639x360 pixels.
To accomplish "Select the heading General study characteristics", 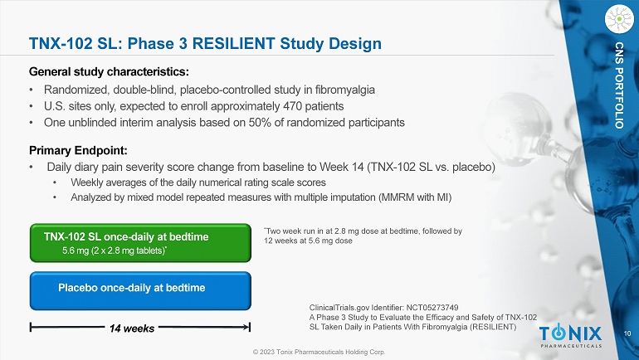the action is (x=109, y=71).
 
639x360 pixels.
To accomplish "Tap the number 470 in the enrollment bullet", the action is (x=293, y=106).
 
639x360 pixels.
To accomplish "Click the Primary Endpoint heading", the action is (x=78, y=150).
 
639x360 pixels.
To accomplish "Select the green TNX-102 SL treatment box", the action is (x=140, y=243).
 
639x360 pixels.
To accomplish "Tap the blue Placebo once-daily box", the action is (x=140, y=291).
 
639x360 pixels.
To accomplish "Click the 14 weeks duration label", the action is (x=132, y=328).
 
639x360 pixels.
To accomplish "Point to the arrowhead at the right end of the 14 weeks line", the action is (x=248, y=327).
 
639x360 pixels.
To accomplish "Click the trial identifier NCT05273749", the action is (x=432, y=308).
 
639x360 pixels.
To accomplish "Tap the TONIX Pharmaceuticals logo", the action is (x=571, y=337).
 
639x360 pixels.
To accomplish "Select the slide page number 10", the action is (x=627, y=333).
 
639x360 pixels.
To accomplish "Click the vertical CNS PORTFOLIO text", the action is (x=619, y=85).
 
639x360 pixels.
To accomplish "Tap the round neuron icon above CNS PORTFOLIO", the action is (x=619, y=19).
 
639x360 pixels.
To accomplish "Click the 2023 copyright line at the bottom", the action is (x=319, y=352).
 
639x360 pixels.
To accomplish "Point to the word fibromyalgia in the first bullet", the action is (x=344, y=90).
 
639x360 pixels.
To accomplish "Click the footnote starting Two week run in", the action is (x=363, y=236).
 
